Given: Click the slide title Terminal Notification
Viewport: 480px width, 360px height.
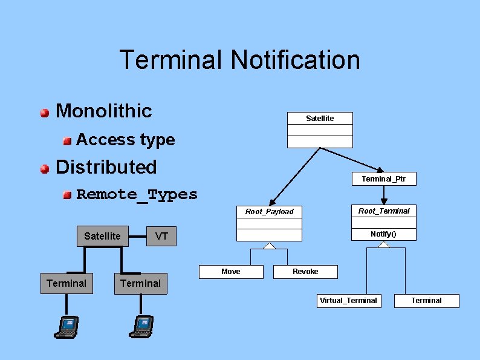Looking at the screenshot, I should [x=239, y=60].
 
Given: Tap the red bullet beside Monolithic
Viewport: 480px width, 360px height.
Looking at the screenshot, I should [x=45, y=113].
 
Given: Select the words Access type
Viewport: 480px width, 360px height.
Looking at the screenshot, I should [x=125, y=140].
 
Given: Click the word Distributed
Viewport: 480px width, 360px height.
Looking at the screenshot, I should [x=106, y=167].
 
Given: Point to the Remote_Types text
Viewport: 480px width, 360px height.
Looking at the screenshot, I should [x=137, y=194].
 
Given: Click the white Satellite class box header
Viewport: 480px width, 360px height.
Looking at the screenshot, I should [x=320, y=118].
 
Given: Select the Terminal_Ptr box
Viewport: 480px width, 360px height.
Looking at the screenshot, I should [x=384, y=178].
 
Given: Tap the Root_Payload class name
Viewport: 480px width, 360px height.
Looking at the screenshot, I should [x=269, y=211].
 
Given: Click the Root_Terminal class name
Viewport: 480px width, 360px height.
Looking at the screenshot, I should [x=384, y=211].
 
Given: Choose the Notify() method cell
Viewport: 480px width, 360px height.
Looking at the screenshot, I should [x=384, y=234].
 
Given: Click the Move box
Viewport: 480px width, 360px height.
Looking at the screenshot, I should [x=231, y=272].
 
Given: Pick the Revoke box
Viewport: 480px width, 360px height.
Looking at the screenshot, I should [x=305, y=272].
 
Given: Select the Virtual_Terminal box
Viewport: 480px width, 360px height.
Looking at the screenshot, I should [x=349, y=300].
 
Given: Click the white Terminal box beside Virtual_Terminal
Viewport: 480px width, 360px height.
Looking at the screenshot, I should [x=426, y=300].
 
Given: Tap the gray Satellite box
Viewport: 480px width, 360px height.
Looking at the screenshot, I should [x=102, y=236].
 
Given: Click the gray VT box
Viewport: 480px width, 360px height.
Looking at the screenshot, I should [x=161, y=236].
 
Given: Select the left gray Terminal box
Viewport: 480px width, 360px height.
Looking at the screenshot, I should [x=66, y=283].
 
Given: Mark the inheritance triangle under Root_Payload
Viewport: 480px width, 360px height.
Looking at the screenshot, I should [x=269, y=246].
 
